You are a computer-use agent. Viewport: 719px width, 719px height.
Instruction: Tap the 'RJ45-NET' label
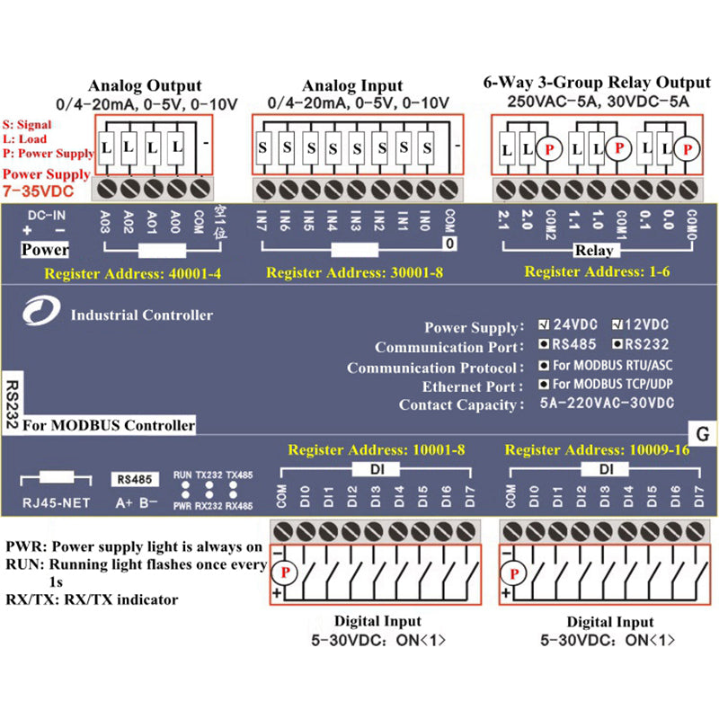point(54,502)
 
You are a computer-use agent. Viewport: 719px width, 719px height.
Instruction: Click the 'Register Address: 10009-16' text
point(597,448)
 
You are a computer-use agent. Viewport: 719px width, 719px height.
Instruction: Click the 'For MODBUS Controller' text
point(109,424)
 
